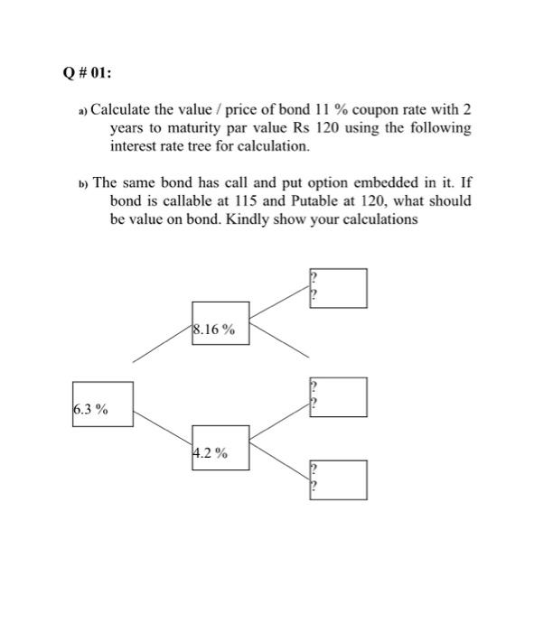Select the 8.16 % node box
[x=220, y=322]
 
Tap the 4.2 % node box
[x=220, y=447]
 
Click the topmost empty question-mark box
[x=339, y=288]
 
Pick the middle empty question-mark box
[x=339, y=397]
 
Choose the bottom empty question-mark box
[x=339, y=479]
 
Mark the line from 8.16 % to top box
[x=279, y=302]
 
